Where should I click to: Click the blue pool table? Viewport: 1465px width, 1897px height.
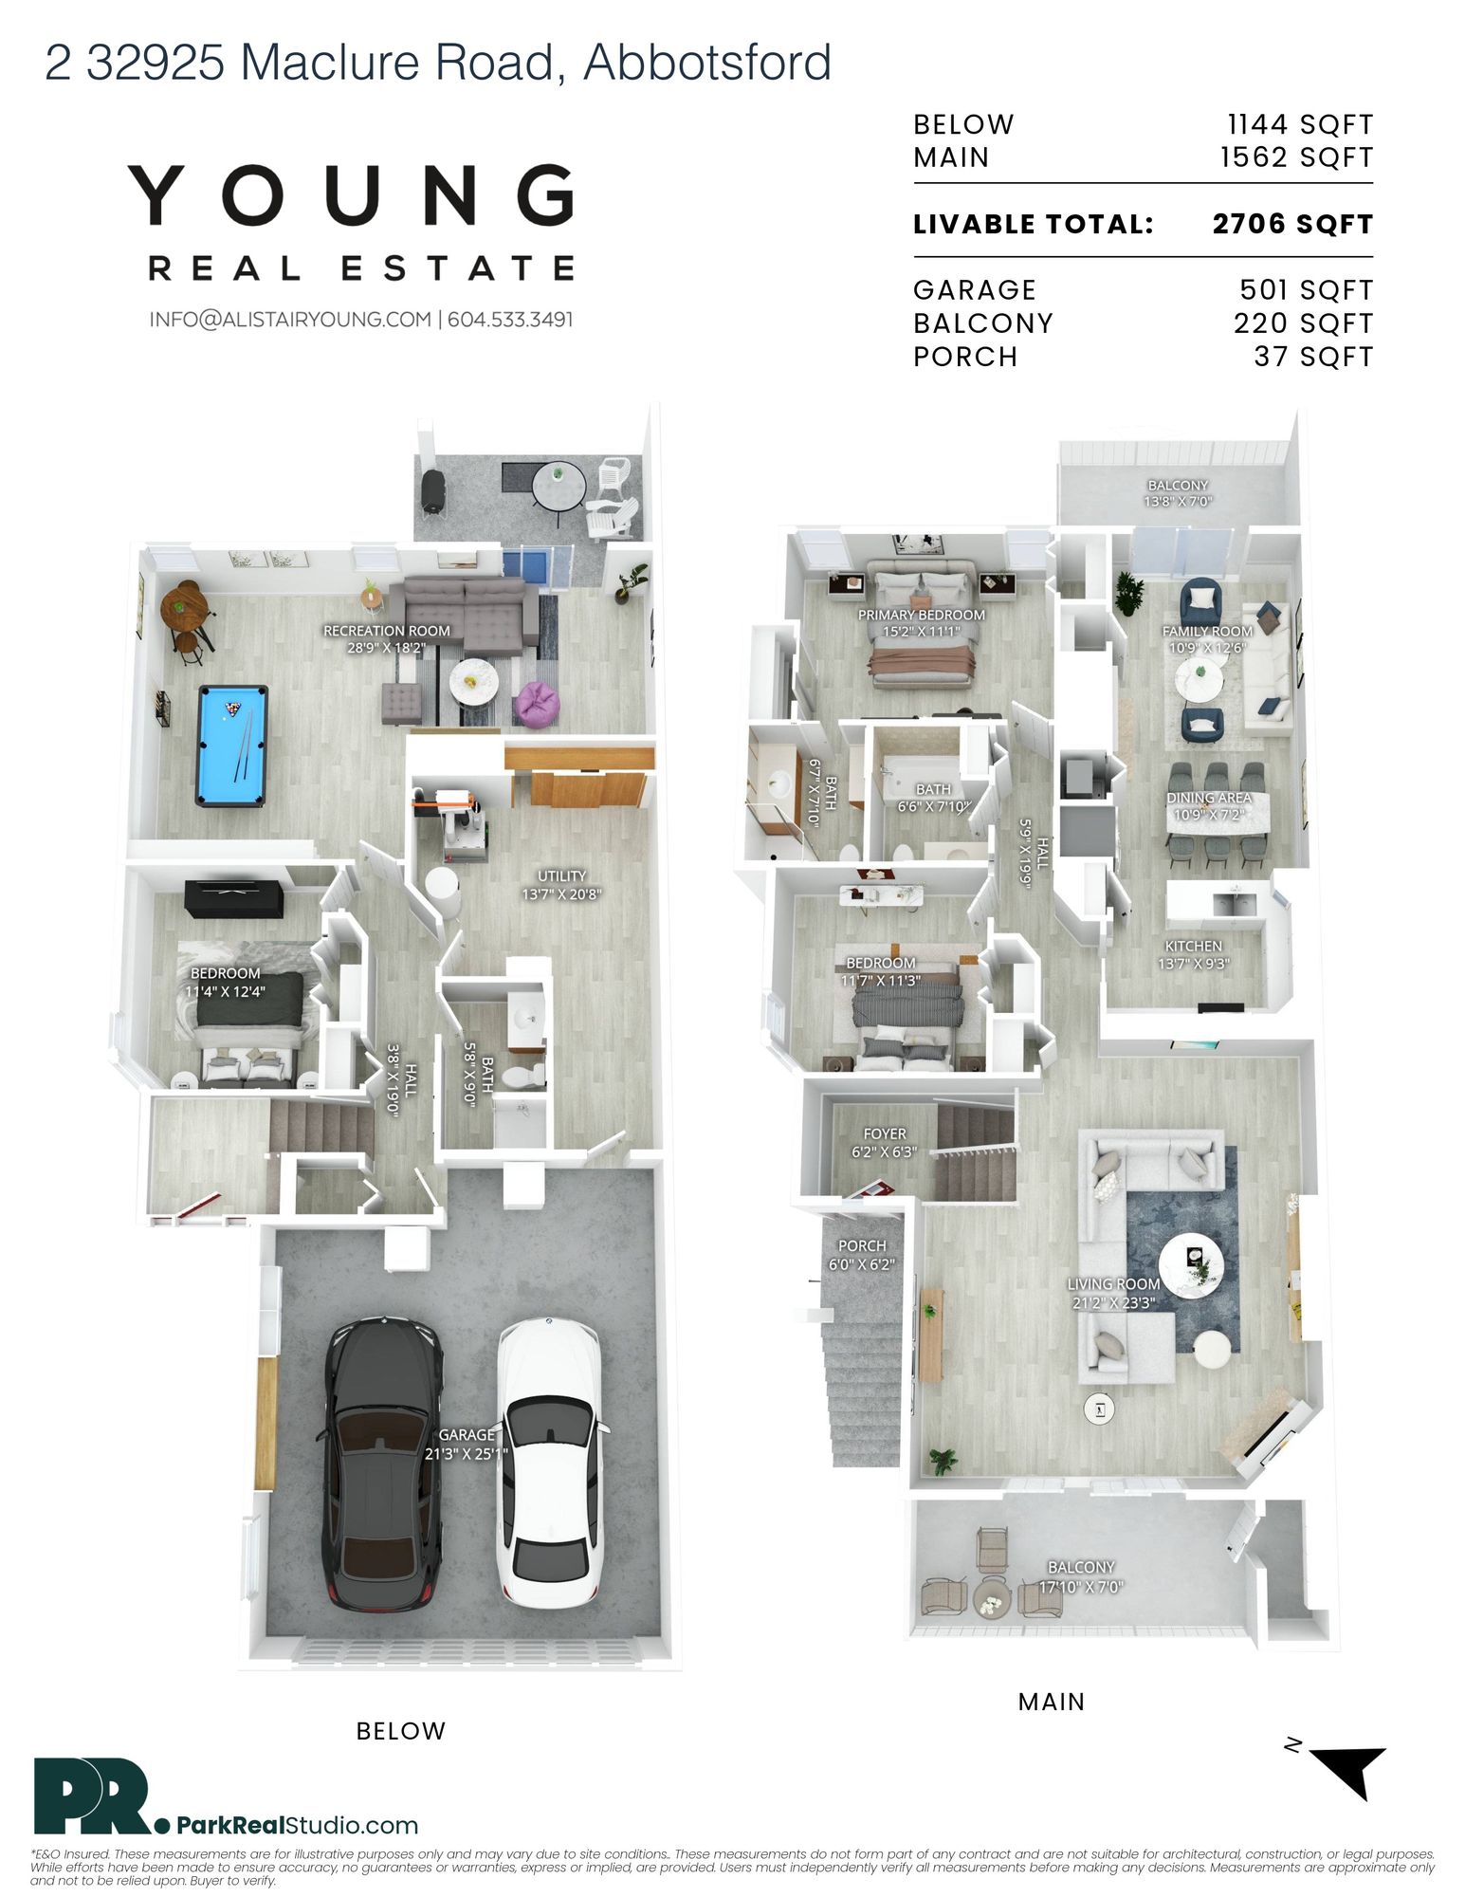[x=231, y=746]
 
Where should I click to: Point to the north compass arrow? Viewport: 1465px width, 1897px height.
[x=1352, y=1770]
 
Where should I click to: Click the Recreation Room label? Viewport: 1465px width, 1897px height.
[x=387, y=639]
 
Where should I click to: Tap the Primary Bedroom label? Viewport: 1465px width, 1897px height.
[x=922, y=623]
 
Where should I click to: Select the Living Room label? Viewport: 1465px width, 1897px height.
[x=1114, y=1293]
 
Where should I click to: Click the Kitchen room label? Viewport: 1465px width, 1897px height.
[x=1194, y=954]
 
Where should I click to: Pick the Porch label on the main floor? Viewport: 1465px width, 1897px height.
[x=862, y=1254]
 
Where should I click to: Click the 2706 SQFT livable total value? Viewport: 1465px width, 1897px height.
[x=1292, y=225]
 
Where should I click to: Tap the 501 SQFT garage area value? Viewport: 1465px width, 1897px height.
[x=1307, y=290]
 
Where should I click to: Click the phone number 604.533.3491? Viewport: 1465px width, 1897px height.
[x=510, y=320]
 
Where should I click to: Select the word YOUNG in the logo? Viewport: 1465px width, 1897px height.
[x=352, y=195]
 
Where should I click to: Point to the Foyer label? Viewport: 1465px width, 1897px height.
[x=885, y=1143]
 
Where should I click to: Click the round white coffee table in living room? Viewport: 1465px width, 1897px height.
[x=1191, y=1265]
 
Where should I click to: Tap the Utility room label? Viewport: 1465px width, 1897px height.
[x=561, y=884]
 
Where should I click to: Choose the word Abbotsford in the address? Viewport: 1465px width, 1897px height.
[x=707, y=63]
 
